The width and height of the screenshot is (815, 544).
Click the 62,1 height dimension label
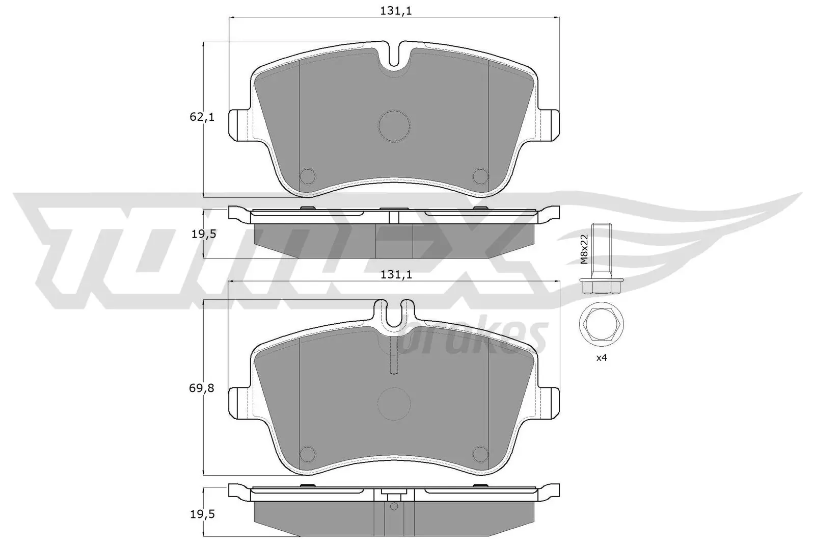(202, 117)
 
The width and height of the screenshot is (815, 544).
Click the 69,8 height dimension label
(202, 388)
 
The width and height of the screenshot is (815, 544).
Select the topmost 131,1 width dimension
(395, 10)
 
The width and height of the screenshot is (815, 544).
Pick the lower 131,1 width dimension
(395, 275)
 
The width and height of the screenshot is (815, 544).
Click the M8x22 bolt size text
(584, 249)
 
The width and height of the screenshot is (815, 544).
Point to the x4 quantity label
(602, 358)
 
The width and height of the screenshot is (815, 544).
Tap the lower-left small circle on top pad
(308, 176)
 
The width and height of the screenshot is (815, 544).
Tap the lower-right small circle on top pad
(480, 176)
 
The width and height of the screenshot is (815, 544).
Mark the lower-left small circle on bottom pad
(308, 453)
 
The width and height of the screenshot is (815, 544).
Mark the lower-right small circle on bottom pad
(480, 453)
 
